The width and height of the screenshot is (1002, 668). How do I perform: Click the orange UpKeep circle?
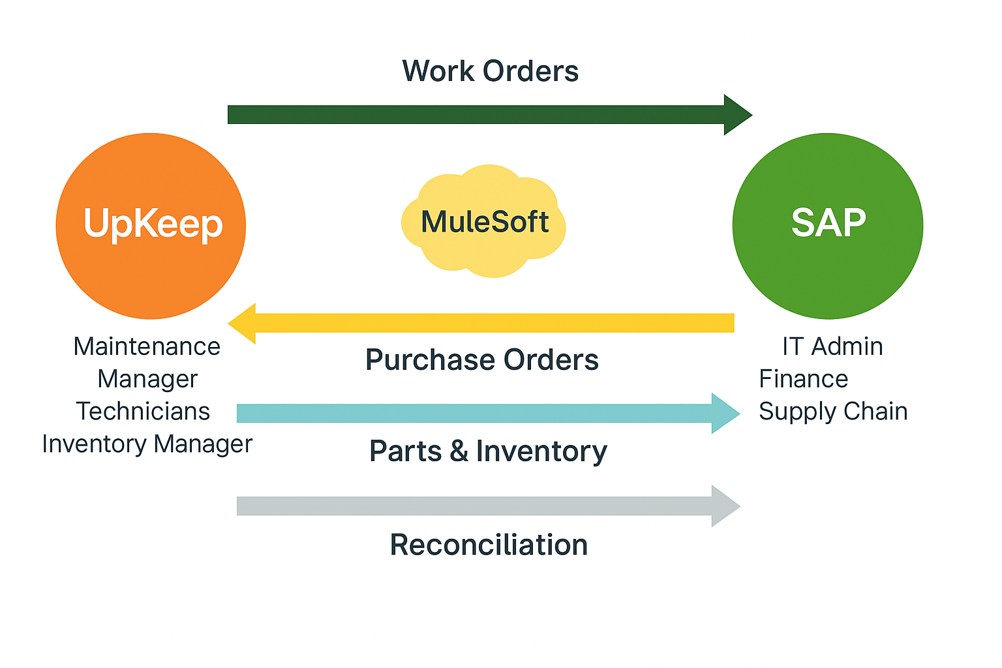click(151, 226)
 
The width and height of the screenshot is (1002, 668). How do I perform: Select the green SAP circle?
click(827, 226)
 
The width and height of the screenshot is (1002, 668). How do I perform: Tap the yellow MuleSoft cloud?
click(484, 222)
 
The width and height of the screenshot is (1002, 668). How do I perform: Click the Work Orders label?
click(490, 71)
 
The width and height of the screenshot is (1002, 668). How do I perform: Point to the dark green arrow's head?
click(737, 115)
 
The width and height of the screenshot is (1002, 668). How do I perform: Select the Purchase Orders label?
click(482, 360)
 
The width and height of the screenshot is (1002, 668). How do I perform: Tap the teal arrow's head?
click(725, 414)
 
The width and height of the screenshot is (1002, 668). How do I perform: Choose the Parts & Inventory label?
click(488, 451)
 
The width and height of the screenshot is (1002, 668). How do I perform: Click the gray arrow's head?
click(725, 506)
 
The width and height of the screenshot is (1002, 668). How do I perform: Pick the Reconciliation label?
click(489, 545)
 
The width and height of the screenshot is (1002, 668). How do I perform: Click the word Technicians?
click(143, 412)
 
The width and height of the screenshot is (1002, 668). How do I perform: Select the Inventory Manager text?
click(147, 444)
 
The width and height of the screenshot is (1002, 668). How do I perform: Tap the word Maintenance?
click(147, 346)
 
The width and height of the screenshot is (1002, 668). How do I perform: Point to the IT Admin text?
click(832, 346)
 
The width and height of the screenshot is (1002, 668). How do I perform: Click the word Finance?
click(804, 379)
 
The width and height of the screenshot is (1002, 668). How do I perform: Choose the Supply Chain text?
click(833, 412)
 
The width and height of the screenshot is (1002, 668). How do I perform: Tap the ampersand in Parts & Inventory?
click(459, 451)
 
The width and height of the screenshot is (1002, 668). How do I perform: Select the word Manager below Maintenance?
click(147, 379)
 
